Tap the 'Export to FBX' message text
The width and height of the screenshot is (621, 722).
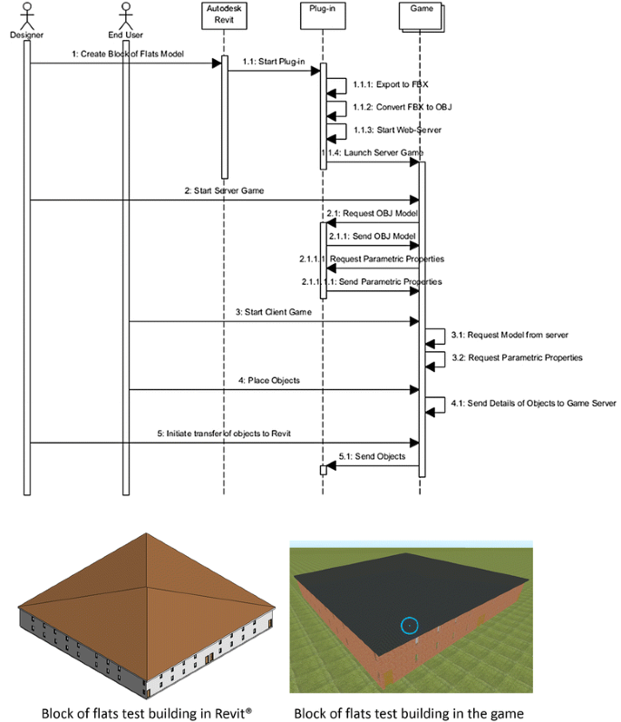coord(378,83)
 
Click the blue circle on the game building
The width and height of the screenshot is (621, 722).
coord(409,625)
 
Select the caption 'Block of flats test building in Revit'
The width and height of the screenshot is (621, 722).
coord(146,713)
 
